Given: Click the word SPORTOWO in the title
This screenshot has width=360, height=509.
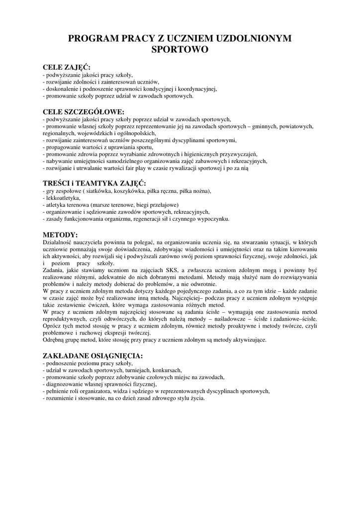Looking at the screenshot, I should coord(180,50).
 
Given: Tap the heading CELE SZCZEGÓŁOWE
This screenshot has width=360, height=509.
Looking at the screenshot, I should coord(84,112).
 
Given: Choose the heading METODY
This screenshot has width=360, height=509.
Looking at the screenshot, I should coord(60,234).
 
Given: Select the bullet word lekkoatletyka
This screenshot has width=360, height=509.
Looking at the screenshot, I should coord(63,198).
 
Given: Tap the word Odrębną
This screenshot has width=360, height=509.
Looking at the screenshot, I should coord(54,340).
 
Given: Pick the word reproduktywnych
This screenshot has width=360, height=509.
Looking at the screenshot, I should coord(65,319).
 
